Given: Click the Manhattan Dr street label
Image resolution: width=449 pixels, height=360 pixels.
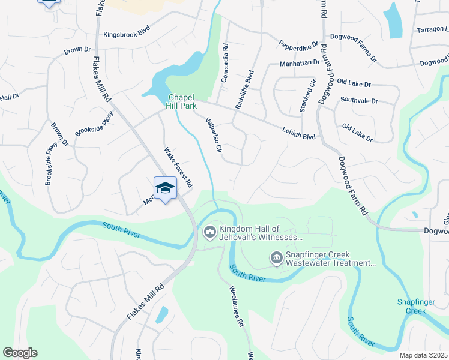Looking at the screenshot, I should pyautogui.click(x=300, y=63).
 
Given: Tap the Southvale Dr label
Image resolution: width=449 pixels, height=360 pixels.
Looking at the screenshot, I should pyautogui.click(x=360, y=100).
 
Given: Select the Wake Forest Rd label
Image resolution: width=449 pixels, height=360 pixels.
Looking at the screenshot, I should pyautogui.click(x=178, y=166).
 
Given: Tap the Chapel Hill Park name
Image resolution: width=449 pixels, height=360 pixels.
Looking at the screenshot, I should pyautogui.click(x=182, y=101).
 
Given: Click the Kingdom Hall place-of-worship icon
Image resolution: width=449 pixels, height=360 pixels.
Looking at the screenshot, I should pyautogui.click(x=209, y=231).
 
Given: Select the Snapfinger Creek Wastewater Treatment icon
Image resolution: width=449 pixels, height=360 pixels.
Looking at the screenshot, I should pyautogui.click(x=276, y=259).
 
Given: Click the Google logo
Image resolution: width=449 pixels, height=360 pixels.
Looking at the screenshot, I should pyautogui.click(x=20, y=353).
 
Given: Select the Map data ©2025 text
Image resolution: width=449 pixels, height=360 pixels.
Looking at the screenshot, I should pyautogui.click(x=423, y=355).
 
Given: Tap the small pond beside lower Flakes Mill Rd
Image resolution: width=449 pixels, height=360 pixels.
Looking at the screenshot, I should pyautogui.click(x=161, y=314).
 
